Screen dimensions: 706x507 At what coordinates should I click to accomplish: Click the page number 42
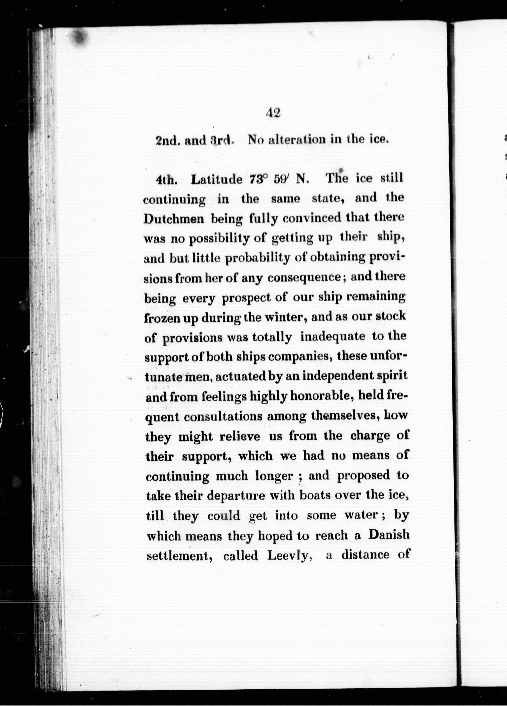coord(273,113)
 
